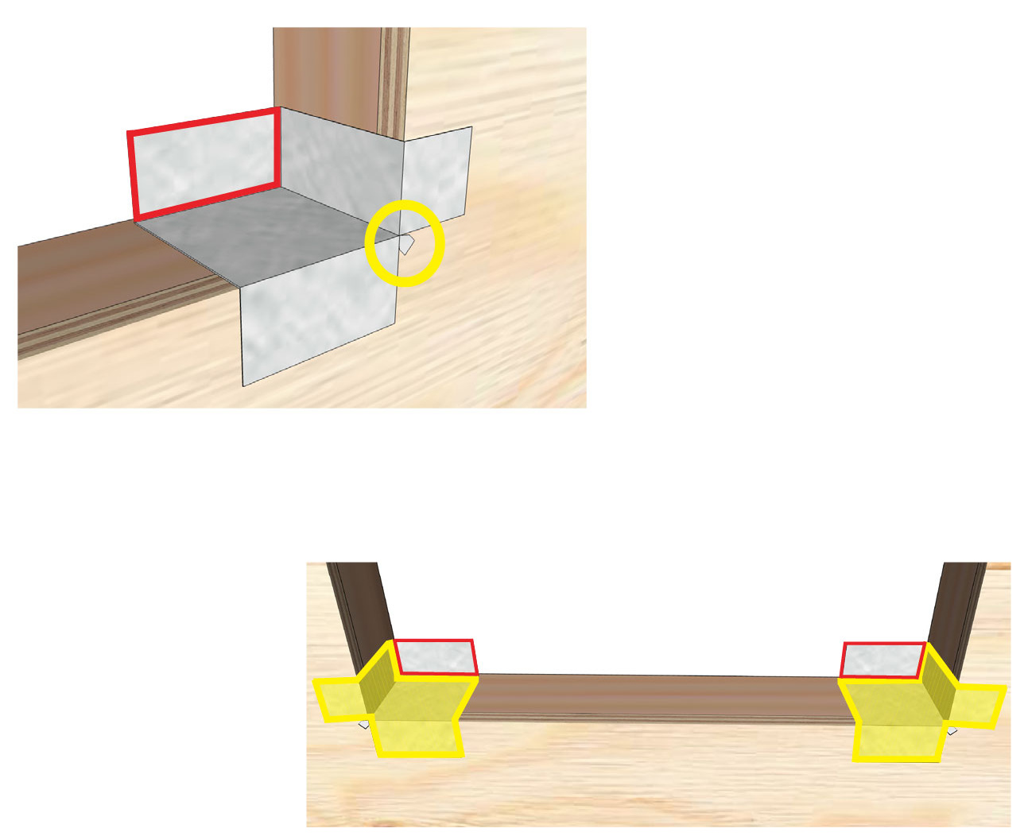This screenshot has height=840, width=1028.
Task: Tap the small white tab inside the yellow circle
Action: [406, 244]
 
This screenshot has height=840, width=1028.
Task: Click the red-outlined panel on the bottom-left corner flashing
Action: [436, 657]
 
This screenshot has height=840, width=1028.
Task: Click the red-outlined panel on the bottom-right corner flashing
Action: [883, 660]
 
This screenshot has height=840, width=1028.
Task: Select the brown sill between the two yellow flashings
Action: [660, 697]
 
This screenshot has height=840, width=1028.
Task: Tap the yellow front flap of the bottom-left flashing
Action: [417, 737]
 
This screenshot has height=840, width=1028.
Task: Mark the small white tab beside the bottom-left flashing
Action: [364, 724]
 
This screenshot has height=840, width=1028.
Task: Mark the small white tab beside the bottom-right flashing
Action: [951, 730]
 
